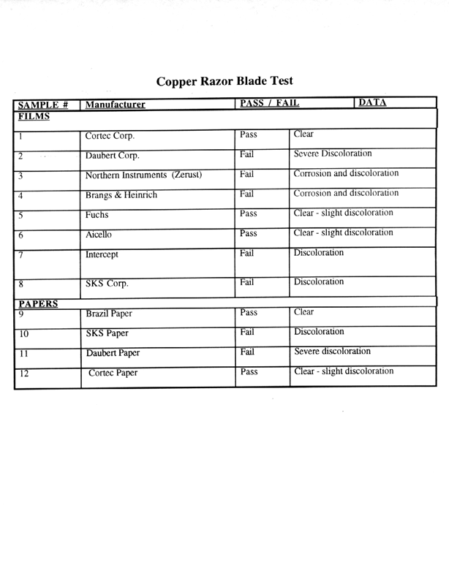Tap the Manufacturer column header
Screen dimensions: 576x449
(115, 105)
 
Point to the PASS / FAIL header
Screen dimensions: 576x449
(269, 103)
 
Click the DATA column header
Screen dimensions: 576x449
(373, 102)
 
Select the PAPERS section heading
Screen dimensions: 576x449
(39, 303)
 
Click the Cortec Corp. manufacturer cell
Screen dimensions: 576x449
(110, 136)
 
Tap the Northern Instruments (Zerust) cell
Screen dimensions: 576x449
(144, 175)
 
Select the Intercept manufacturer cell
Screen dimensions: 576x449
(102, 256)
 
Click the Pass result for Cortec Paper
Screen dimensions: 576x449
(249, 371)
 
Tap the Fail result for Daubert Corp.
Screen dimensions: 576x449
(246, 154)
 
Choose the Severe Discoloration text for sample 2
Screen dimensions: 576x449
(333, 154)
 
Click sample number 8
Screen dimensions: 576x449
(21, 284)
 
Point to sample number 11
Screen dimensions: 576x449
(23, 353)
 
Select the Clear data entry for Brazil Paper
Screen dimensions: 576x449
(303, 311)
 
